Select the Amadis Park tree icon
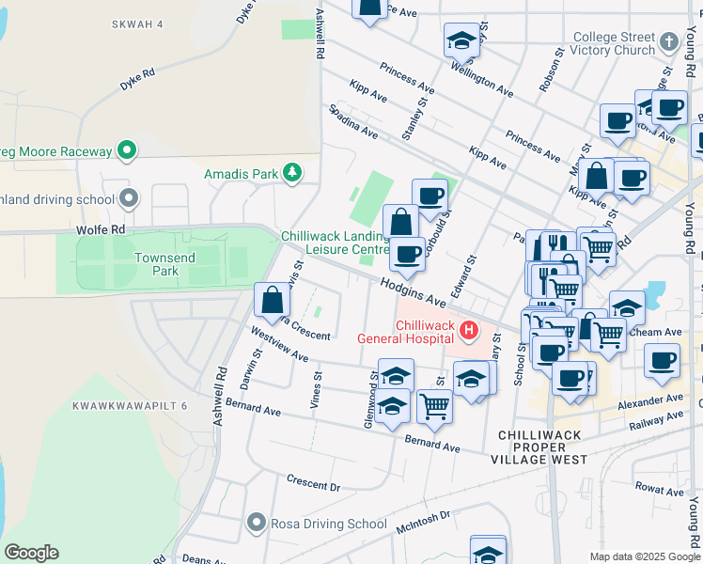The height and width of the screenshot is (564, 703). pyautogui.click(x=293, y=173)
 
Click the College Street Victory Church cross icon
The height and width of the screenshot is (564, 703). pyautogui.click(x=668, y=42)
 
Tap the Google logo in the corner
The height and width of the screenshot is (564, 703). pyautogui.click(x=31, y=553)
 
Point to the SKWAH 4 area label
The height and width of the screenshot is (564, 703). pyautogui.click(x=135, y=23)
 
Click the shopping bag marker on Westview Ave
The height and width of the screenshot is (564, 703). pyautogui.click(x=272, y=300)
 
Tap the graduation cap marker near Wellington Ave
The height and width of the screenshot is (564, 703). pyautogui.click(x=461, y=39)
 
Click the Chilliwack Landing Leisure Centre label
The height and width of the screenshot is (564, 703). pyautogui.click(x=335, y=243)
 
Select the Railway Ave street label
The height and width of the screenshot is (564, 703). pyautogui.click(x=655, y=421)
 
